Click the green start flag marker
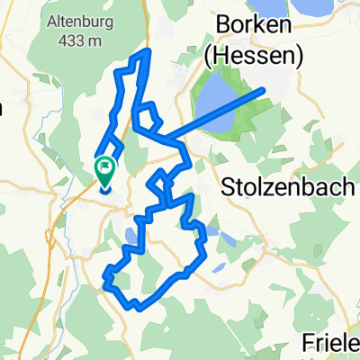tap(105, 166)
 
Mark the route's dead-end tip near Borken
tap(264, 89)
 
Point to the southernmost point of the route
tap(138, 309)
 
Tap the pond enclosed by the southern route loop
tap(130, 238)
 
